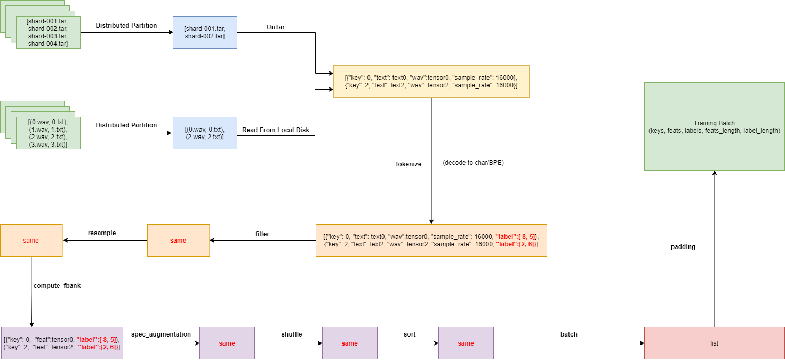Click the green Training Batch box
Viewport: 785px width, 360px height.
click(714, 126)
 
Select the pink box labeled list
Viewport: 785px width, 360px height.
click(714, 343)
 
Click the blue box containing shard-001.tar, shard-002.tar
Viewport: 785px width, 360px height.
click(205, 32)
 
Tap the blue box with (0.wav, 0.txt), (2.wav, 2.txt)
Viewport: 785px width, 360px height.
click(205, 133)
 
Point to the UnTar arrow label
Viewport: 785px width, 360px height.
click(276, 26)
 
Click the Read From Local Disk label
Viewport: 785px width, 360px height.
click(276, 130)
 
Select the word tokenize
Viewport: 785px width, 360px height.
click(408, 164)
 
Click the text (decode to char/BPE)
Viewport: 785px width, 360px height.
click(473, 163)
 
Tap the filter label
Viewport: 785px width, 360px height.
click(262, 234)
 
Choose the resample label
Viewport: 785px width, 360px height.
click(102, 233)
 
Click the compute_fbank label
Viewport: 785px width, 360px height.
click(57, 286)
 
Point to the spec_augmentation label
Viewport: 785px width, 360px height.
click(161, 334)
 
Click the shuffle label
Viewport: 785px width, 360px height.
click(292, 334)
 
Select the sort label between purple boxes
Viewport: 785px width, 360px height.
click(410, 334)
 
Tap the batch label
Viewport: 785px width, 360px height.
click(568, 334)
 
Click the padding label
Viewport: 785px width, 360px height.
click(683, 247)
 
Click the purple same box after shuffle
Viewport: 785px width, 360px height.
click(349, 343)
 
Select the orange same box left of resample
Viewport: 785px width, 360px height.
click(31, 240)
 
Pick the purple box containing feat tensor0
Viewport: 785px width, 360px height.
click(62, 343)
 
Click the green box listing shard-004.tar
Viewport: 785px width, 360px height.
click(48, 32)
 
